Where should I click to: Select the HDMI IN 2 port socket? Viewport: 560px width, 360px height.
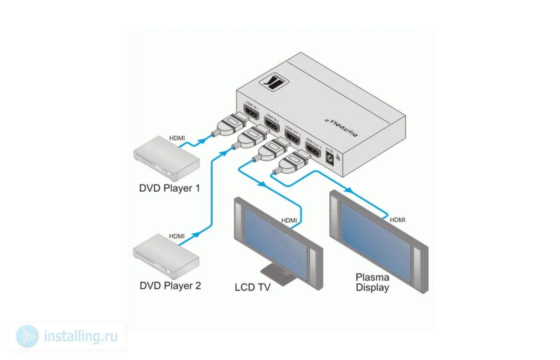272,124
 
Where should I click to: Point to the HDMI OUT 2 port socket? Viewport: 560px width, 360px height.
313,149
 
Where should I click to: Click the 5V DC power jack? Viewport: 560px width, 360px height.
330,159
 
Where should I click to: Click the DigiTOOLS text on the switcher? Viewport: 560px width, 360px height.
341,127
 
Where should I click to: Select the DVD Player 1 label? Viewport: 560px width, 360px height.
169,188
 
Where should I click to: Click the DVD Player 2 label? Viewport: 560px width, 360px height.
170,286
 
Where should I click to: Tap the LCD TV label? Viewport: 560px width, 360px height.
252,287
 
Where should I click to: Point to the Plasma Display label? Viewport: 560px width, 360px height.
372,282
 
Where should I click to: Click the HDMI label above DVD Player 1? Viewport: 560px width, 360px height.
177,138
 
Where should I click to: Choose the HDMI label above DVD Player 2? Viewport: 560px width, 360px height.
177,236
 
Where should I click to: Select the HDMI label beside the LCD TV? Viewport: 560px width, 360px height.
289,220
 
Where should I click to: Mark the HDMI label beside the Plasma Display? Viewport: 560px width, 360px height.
397,220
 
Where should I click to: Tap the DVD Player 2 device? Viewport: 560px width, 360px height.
166,256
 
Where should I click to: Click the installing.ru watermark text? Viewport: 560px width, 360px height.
81,336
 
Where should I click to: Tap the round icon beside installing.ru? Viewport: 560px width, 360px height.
27,336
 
